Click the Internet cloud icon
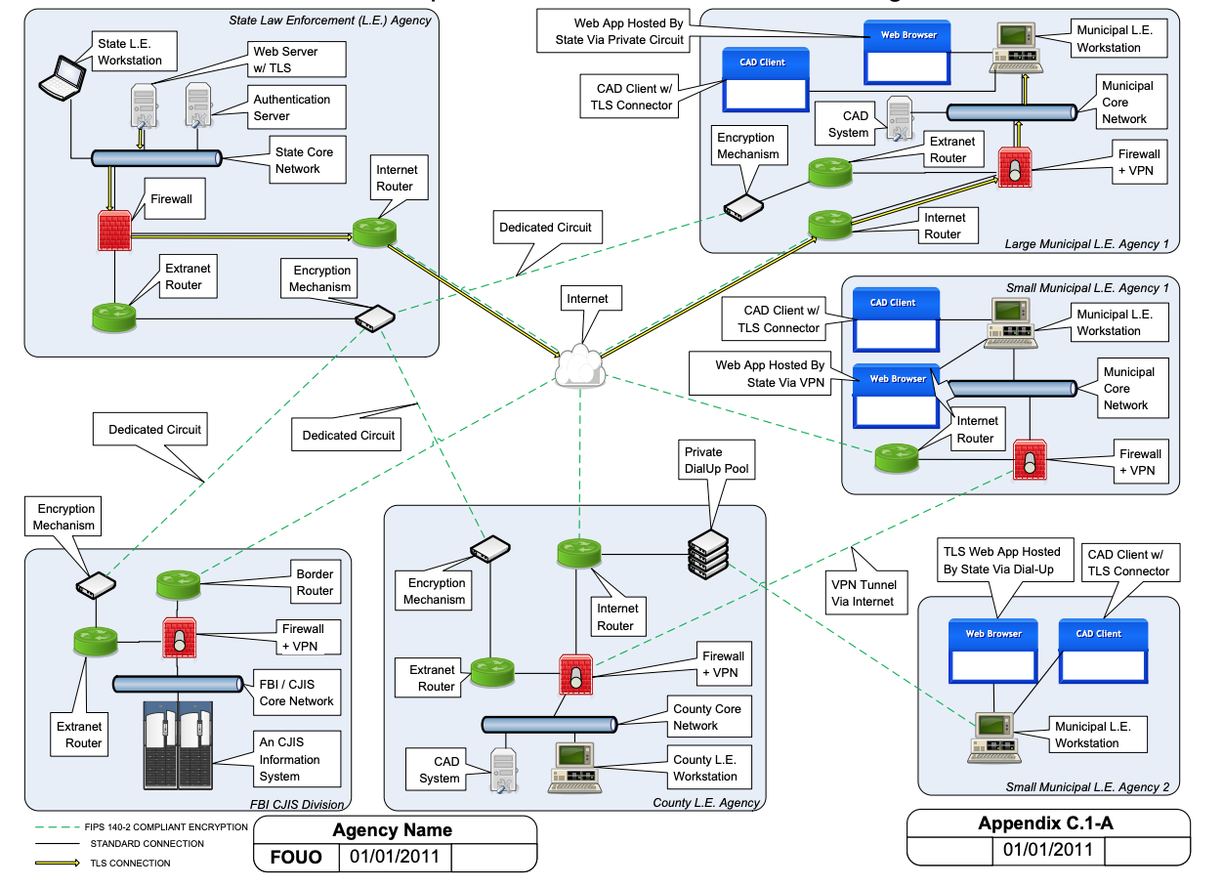point(579,364)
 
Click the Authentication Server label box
point(292,107)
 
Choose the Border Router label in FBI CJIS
point(315,583)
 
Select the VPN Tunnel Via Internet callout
point(862,593)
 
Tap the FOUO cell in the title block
point(296,859)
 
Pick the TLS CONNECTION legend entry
point(130,863)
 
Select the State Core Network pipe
point(156,157)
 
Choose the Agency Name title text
point(393,830)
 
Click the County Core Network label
point(707,717)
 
